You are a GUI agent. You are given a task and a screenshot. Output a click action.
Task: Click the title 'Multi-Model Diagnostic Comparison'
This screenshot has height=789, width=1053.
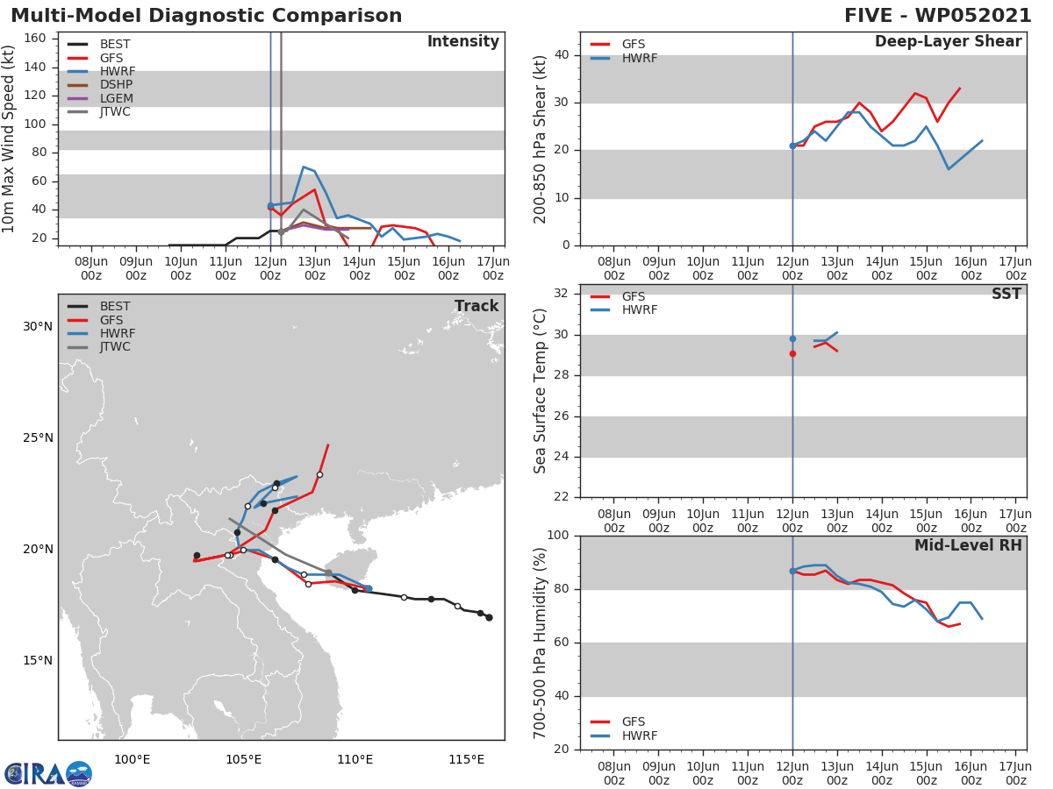point(206,16)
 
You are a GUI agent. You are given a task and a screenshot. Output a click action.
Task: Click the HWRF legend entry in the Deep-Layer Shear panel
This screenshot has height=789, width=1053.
point(639,58)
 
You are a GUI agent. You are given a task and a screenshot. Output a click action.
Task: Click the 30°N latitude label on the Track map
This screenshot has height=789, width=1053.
point(38,327)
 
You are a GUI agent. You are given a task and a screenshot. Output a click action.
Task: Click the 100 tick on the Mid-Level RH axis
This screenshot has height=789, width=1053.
point(559,536)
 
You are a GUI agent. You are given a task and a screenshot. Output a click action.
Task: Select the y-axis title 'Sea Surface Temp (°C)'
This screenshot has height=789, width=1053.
point(541,391)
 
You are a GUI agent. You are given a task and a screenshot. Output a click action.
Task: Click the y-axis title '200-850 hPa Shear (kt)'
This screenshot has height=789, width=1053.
point(541,139)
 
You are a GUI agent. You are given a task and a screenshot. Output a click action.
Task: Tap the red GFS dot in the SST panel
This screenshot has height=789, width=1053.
point(792,354)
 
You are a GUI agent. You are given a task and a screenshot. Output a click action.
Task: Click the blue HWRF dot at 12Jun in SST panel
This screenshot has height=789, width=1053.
point(792,338)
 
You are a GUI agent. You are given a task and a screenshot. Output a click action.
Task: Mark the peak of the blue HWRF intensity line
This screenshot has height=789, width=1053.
point(304,167)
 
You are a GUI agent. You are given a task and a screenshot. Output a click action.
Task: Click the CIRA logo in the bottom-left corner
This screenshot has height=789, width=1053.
point(48,773)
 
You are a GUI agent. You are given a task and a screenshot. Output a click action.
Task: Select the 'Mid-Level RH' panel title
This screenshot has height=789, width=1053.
point(967,546)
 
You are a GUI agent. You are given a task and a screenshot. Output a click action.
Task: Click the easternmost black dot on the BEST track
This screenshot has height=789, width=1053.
point(489,618)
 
